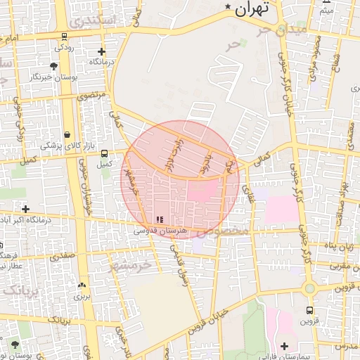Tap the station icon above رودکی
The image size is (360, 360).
(64, 37)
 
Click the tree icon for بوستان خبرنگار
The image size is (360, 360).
(53, 65)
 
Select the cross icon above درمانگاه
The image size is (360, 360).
(102, 51)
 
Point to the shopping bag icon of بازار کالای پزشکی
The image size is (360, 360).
(67, 134)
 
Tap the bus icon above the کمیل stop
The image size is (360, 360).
(104, 153)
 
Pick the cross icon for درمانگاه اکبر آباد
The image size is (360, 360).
(26, 209)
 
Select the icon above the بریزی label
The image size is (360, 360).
(82, 285)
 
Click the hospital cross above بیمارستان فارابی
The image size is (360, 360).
(284, 346)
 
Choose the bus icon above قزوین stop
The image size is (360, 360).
(309, 309)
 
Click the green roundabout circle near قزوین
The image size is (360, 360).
(309, 288)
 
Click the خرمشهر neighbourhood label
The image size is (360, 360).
(130, 266)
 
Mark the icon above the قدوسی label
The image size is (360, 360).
(158, 220)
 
